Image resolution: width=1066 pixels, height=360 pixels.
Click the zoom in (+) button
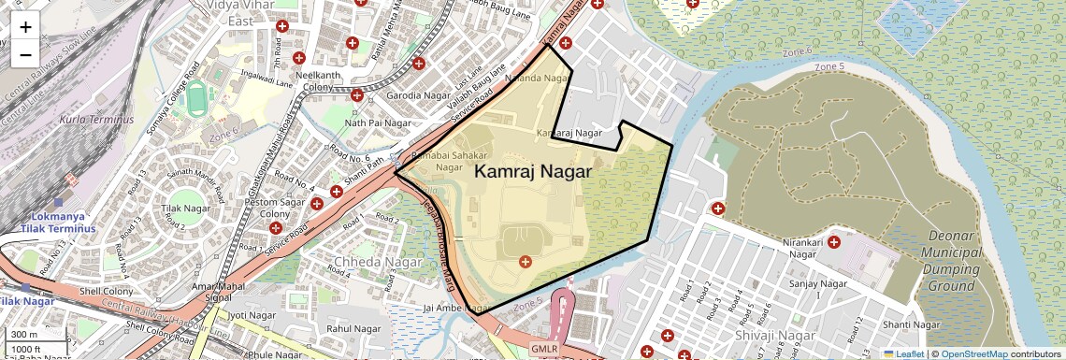tap(25, 26)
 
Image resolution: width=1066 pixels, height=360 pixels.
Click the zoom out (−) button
tap(25, 54)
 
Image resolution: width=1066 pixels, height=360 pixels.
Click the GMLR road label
tap(543, 349)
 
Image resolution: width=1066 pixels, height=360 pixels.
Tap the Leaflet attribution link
tap(902, 353)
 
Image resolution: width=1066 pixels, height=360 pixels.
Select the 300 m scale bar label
tap(25, 335)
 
